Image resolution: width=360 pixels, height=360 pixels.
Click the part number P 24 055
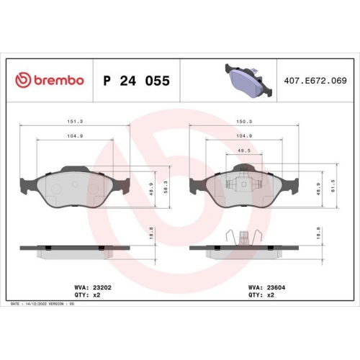coord(137,80)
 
